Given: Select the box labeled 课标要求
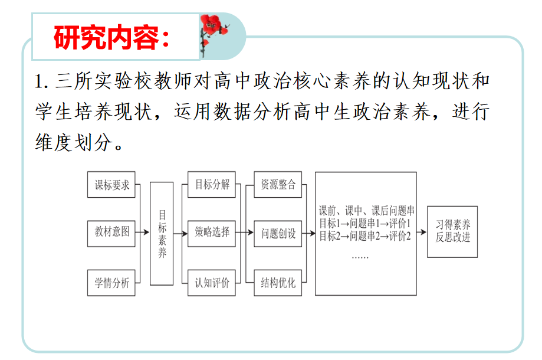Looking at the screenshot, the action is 111,185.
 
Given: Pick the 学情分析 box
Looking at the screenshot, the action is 111,283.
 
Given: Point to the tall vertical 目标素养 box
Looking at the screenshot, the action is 162,234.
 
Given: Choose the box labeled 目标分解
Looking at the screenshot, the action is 212,185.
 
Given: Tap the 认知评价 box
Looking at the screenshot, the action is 212,283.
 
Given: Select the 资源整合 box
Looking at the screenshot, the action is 278,185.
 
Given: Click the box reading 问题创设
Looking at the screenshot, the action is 278,234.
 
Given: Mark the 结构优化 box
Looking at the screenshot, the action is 278,283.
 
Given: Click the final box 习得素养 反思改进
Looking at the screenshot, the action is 452,232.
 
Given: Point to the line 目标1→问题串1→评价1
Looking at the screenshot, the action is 365,224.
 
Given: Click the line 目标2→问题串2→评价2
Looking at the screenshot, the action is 365,236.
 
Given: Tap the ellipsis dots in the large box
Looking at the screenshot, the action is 360,257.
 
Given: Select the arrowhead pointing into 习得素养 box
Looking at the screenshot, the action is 424,232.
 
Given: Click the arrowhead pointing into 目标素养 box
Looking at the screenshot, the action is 147,232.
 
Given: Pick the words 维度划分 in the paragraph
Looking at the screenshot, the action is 74,142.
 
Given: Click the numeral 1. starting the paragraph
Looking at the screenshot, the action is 41,81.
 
